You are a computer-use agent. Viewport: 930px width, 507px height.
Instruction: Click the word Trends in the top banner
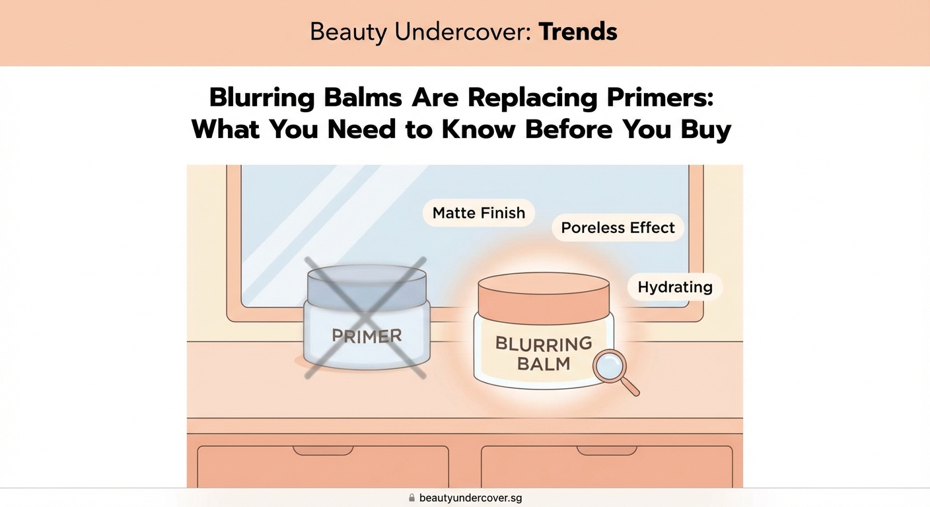(578, 32)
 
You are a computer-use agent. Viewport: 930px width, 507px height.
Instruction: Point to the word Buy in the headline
(706, 129)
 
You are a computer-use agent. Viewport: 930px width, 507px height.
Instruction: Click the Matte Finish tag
(478, 213)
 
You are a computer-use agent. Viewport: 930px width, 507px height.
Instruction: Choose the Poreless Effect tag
(618, 228)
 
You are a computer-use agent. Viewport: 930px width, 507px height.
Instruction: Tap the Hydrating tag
(674, 287)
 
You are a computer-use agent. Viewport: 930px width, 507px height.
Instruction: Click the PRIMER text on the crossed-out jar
(367, 335)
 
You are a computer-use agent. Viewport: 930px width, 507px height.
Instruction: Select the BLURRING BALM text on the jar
(543, 353)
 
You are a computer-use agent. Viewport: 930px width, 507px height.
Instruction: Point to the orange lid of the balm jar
(543, 295)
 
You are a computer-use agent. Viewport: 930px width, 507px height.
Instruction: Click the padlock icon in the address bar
(411, 498)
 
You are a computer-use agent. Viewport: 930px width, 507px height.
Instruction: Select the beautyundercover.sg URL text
(470, 498)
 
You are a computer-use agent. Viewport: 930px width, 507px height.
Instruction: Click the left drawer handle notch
(323, 450)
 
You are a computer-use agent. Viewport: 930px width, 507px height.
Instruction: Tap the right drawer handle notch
(606, 450)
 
